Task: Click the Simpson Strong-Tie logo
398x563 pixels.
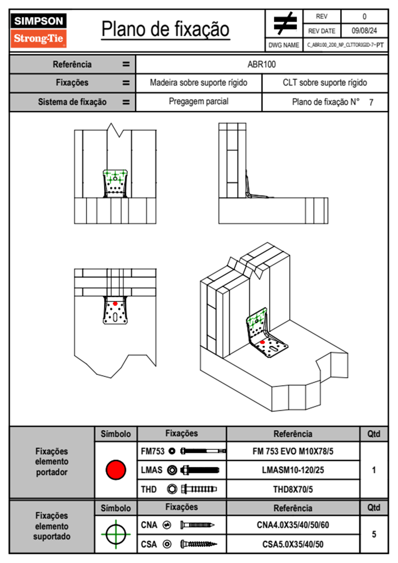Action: point(38,30)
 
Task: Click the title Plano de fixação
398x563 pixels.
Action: point(165,29)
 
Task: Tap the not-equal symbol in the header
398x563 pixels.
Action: point(285,23)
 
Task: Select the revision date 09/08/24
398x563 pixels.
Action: point(364,31)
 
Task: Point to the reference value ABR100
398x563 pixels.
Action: point(262,64)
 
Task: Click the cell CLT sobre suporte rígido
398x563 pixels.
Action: point(325,83)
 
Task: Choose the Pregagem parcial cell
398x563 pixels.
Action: point(198,101)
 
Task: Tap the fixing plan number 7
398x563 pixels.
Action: point(371,102)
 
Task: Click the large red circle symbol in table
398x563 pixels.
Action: point(116,470)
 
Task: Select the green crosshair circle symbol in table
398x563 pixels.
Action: point(116,534)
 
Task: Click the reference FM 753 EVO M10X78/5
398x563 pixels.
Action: point(293,451)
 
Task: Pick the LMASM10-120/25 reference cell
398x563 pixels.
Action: point(293,470)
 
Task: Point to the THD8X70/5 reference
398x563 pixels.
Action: point(293,489)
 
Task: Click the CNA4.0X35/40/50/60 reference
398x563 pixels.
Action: point(293,525)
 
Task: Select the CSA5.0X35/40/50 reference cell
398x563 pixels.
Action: point(293,544)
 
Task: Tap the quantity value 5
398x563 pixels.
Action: point(374,534)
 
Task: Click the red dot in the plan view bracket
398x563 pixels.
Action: point(115,304)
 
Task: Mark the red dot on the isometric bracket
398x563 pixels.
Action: point(263,342)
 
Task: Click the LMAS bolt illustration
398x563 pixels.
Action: point(200,470)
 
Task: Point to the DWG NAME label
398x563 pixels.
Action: point(284,45)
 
